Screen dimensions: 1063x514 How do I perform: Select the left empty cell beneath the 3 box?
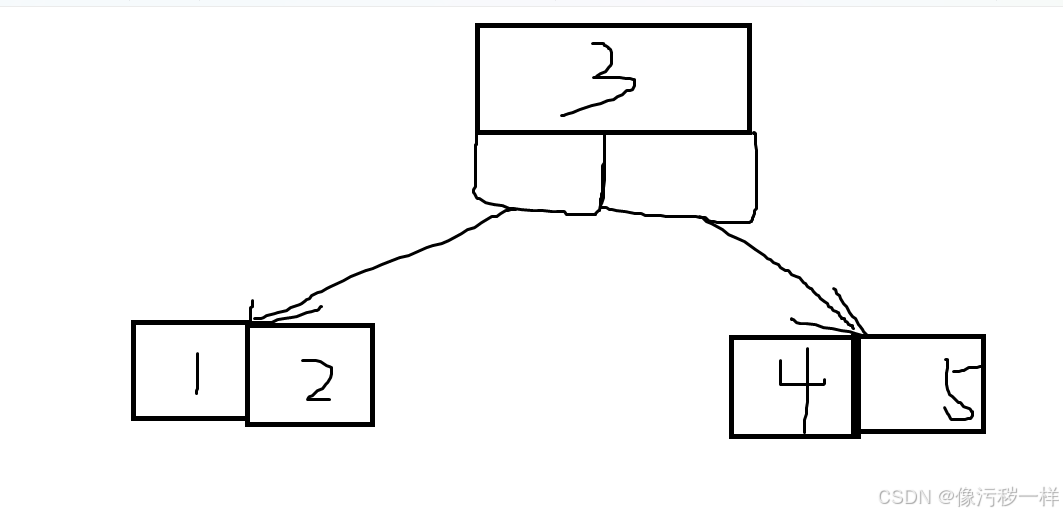pos(539,172)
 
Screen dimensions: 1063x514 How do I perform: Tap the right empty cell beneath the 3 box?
pos(680,176)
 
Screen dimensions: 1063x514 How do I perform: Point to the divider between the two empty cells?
pos(604,172)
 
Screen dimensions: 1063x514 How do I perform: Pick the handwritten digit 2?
pos(317,382)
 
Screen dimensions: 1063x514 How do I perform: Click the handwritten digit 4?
pos(802,384)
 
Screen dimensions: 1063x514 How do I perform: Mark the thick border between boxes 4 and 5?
pos(856,385)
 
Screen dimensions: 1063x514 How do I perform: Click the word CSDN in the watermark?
pos(899,496)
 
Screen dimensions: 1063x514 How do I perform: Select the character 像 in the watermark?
pos(966,496)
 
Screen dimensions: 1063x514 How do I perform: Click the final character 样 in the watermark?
pos(1048,496)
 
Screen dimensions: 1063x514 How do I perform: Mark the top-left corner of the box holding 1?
pos(134,323)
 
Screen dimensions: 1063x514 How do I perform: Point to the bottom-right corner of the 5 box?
pos(983,431)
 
